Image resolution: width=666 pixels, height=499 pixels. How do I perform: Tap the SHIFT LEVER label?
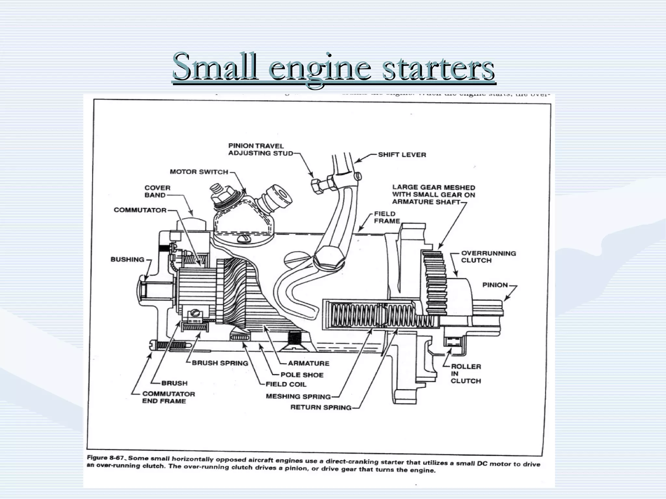(402, 155)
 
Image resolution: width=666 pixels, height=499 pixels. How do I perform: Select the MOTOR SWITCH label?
(199, 172)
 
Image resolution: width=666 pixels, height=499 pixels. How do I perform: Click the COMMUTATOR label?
(140, 210)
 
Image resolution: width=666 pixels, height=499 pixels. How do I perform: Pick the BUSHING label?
(127, 259)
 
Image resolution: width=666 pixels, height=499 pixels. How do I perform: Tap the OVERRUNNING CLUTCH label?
(488, 257)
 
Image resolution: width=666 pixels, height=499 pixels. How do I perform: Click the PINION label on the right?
(495, 285)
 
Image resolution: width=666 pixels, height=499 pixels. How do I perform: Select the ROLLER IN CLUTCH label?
(465, 373)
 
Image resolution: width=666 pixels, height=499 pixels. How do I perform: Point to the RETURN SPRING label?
(321, 407)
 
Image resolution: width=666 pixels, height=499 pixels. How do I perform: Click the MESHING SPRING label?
(298, 396)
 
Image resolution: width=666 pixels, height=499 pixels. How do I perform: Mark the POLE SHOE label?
(302, 375)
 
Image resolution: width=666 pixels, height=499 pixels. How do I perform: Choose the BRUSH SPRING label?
(220, 363)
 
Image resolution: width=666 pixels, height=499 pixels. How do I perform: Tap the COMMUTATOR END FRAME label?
(168, 397)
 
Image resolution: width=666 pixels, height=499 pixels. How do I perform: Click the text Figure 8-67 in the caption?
(105, 458)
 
